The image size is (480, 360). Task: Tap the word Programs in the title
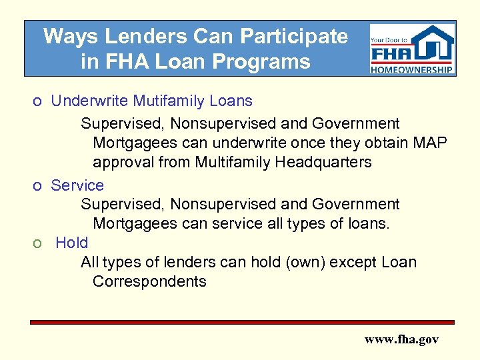coord(268,62)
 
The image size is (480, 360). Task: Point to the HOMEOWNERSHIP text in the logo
coord(412,69)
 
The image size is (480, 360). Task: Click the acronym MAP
coord(430,143)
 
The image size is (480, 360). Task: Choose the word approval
coord(124,162)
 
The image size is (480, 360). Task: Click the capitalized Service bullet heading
coord(77,185)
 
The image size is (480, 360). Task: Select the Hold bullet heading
coord(72,243)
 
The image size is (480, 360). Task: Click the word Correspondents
coord(149,281)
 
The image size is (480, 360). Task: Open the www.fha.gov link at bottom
coord(401,339)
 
